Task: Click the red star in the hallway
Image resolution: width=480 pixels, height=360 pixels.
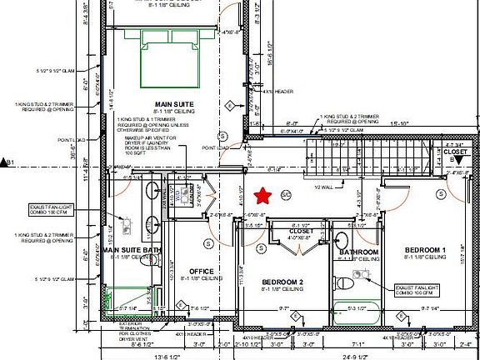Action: click(x=264, y=196)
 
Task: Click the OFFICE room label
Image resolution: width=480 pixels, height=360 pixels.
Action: click(x=202, y=272)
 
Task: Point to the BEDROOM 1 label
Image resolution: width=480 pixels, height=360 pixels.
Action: click(x=426, y=250)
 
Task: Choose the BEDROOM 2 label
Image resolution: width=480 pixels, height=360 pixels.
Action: click(x=282, y=283)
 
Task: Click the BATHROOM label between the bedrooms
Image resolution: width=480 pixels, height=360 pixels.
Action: click(x=358, y=252)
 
